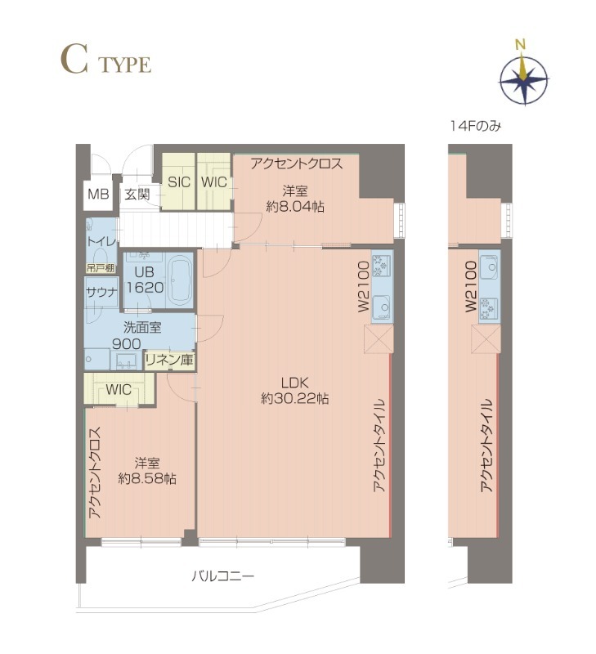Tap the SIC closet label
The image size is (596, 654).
179,182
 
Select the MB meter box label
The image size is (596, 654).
98,194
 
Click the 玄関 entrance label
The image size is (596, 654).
137,195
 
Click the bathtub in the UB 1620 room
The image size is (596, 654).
179,280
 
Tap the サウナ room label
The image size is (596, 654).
101,293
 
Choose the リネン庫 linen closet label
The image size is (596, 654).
169,360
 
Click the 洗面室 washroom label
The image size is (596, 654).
142,328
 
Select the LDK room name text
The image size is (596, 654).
294,383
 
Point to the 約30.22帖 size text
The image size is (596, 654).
295,399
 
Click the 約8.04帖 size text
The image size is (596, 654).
295,207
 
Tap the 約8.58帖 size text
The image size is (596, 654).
147,479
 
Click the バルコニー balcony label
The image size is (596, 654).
222,577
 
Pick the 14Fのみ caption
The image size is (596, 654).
475,126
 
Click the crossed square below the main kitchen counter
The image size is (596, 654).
379,339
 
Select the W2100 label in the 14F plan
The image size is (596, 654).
471,286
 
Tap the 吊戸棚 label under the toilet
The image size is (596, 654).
101,268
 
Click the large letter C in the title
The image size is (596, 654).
74,60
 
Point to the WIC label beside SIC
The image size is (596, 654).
214,182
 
